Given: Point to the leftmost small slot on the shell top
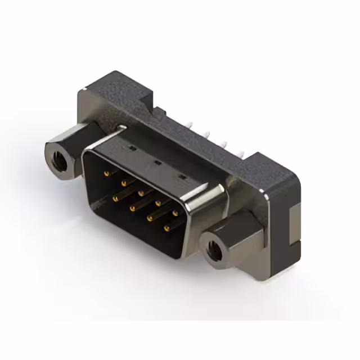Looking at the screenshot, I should coord(131,148).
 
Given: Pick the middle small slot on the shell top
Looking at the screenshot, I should coord(157,163).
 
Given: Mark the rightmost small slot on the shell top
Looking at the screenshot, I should coord(182,178).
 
